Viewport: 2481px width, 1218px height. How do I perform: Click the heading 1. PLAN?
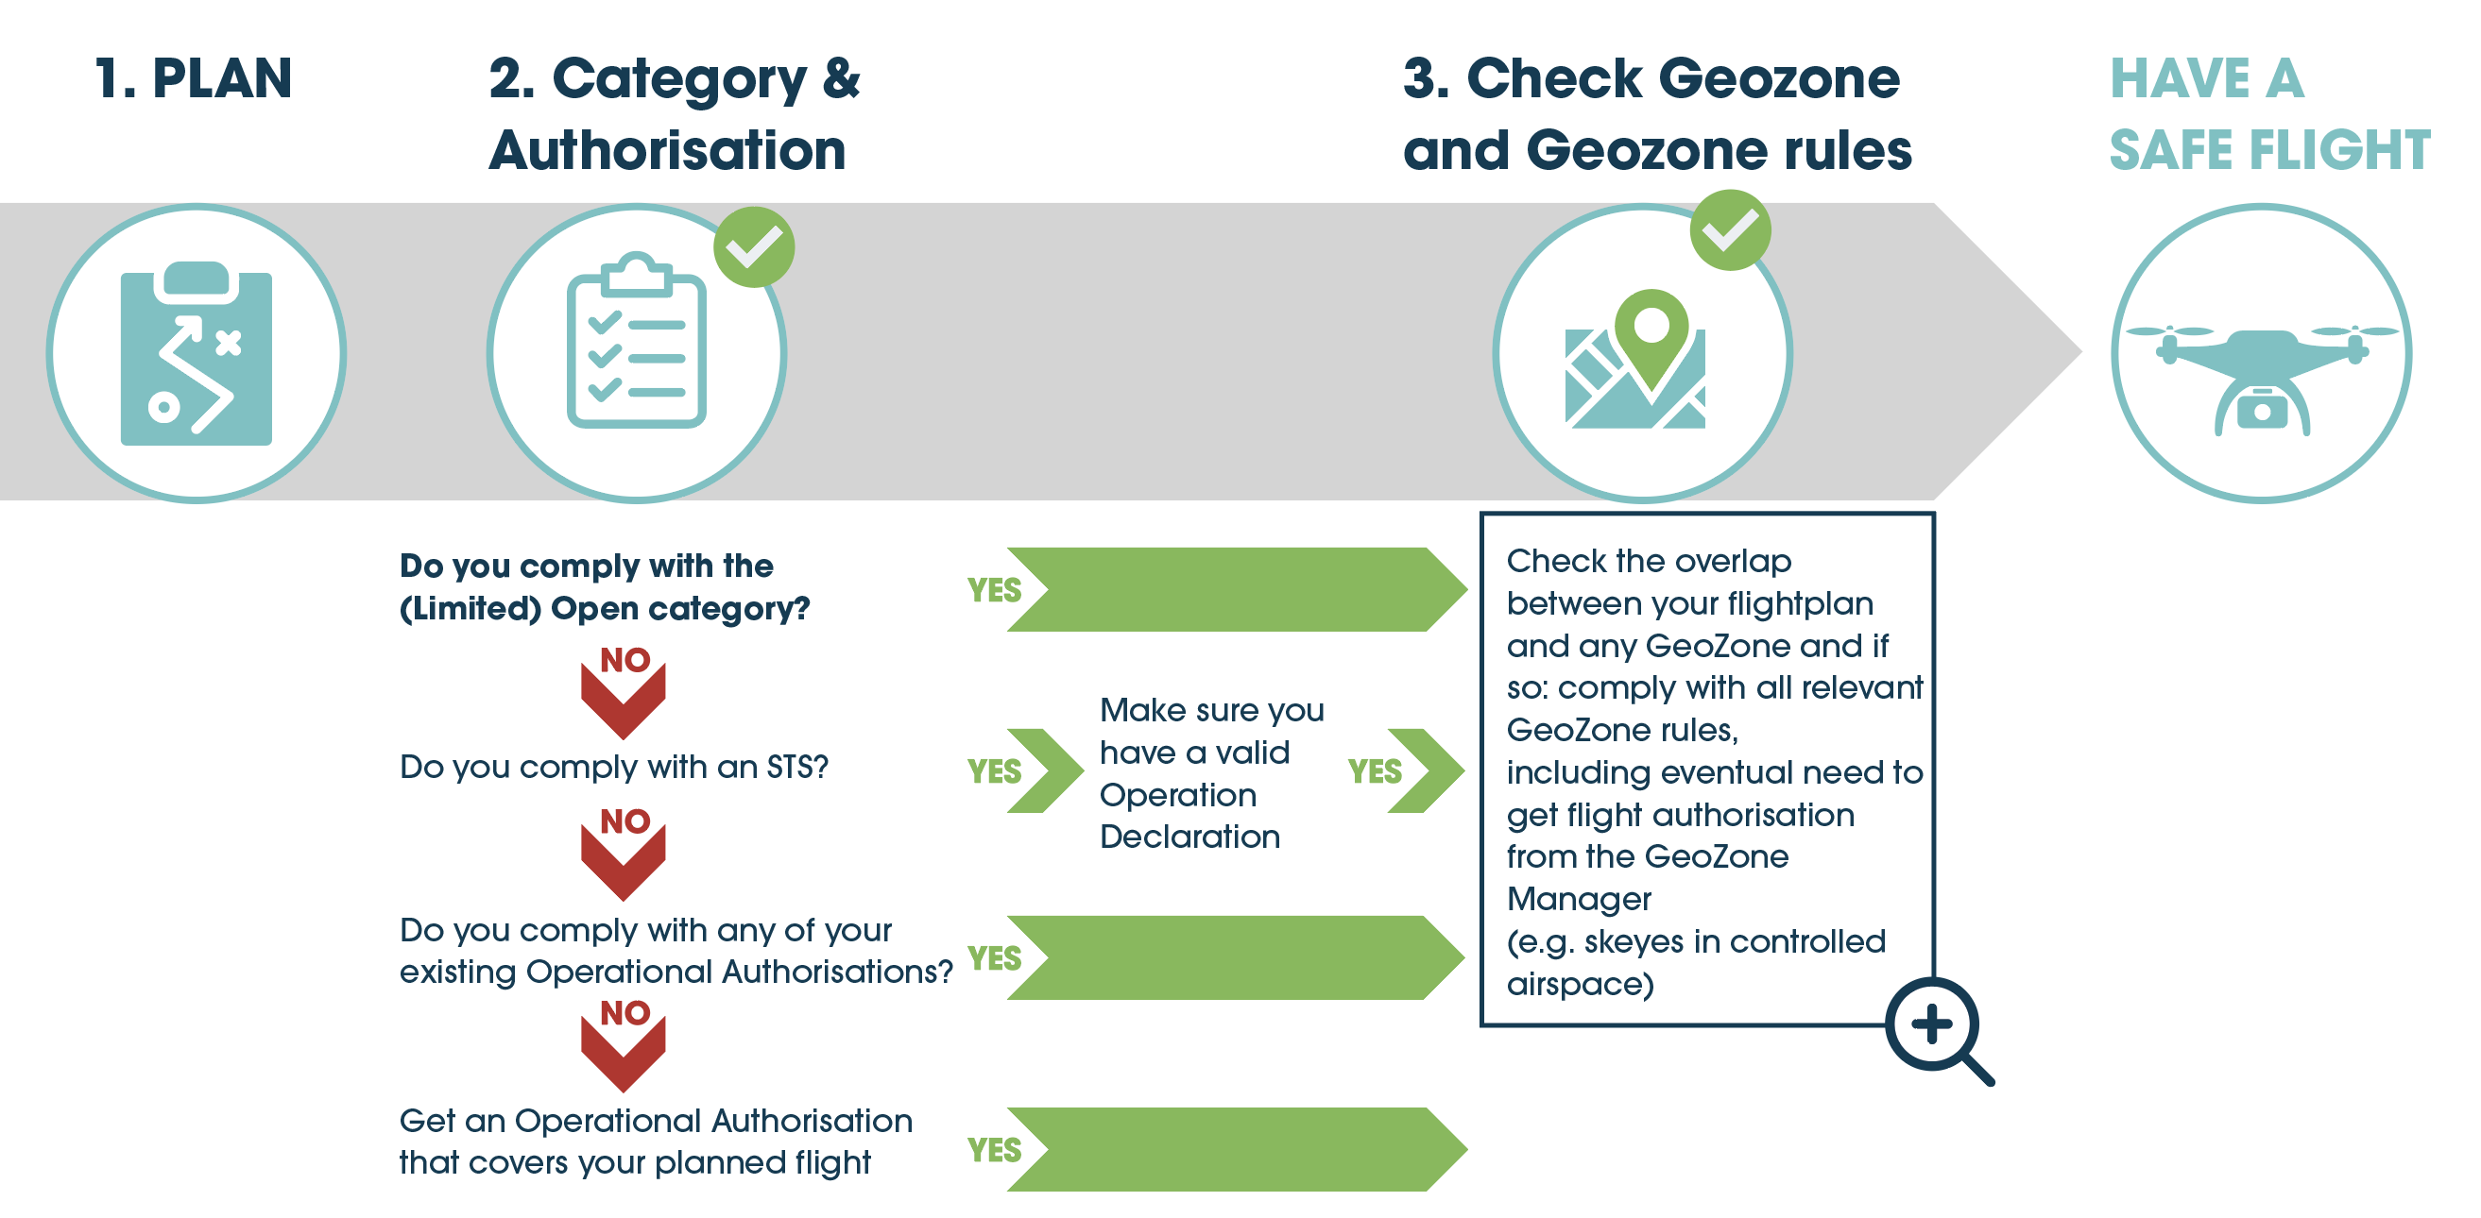[x=194, y=78]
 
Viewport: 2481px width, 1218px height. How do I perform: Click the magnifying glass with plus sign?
[x=1938, y=1030]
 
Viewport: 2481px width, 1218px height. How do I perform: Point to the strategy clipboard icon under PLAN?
[x=197, y=353]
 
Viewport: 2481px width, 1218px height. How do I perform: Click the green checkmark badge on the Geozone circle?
[x=1730, y=230]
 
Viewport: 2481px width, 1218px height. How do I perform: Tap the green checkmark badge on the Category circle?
[x=753, y=246]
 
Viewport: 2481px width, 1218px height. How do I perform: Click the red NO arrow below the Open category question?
[x=624, y=692]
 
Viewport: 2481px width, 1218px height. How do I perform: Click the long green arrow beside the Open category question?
[x=1237, y=589]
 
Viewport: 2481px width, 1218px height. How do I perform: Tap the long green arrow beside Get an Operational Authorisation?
[x=1237, y=1149]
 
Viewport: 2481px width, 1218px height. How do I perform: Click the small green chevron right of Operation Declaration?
[x=1426, y=770]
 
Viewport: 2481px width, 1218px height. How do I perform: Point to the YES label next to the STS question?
[x=994, y=771]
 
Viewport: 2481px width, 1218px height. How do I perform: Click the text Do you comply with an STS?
[x=613, y=767]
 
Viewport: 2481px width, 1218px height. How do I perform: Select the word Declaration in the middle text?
[x=1189, y=836]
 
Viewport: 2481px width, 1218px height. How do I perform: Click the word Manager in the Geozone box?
[x=1579, y=899]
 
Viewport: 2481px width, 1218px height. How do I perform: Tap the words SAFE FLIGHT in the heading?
[x=2269, y=150]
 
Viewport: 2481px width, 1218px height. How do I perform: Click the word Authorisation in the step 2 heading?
[x=667, y=150]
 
